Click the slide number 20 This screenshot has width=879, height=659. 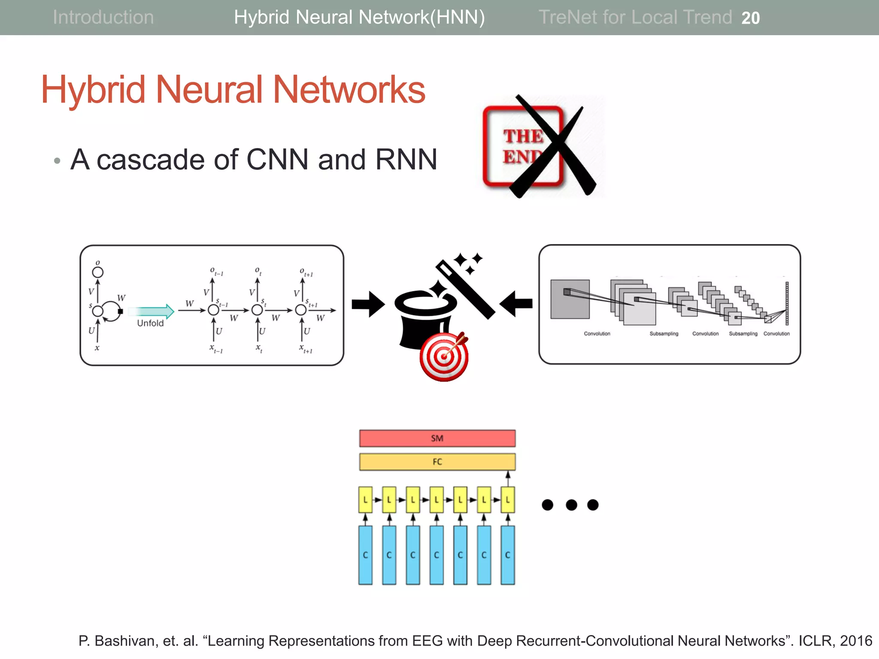click(x=750, y=18)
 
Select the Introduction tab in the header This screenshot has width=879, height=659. click(x=103, y=17)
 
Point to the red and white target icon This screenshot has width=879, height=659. click(x=444, y=357)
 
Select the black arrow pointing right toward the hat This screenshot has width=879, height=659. click(x=368, y=304)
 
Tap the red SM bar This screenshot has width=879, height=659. click(x=437, y=438)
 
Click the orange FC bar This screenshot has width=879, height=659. click(x=437, y=462)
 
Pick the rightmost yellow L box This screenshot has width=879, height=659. click(x=507, y=500)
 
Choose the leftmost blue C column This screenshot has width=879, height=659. click(x=365, y=555)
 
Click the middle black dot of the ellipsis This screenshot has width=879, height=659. click(x=571, y=505)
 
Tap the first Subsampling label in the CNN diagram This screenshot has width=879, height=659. click(x=664, y=334)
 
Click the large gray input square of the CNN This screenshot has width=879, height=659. click(x=570, y=299)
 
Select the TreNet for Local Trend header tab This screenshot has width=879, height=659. click(x=635, y=17)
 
